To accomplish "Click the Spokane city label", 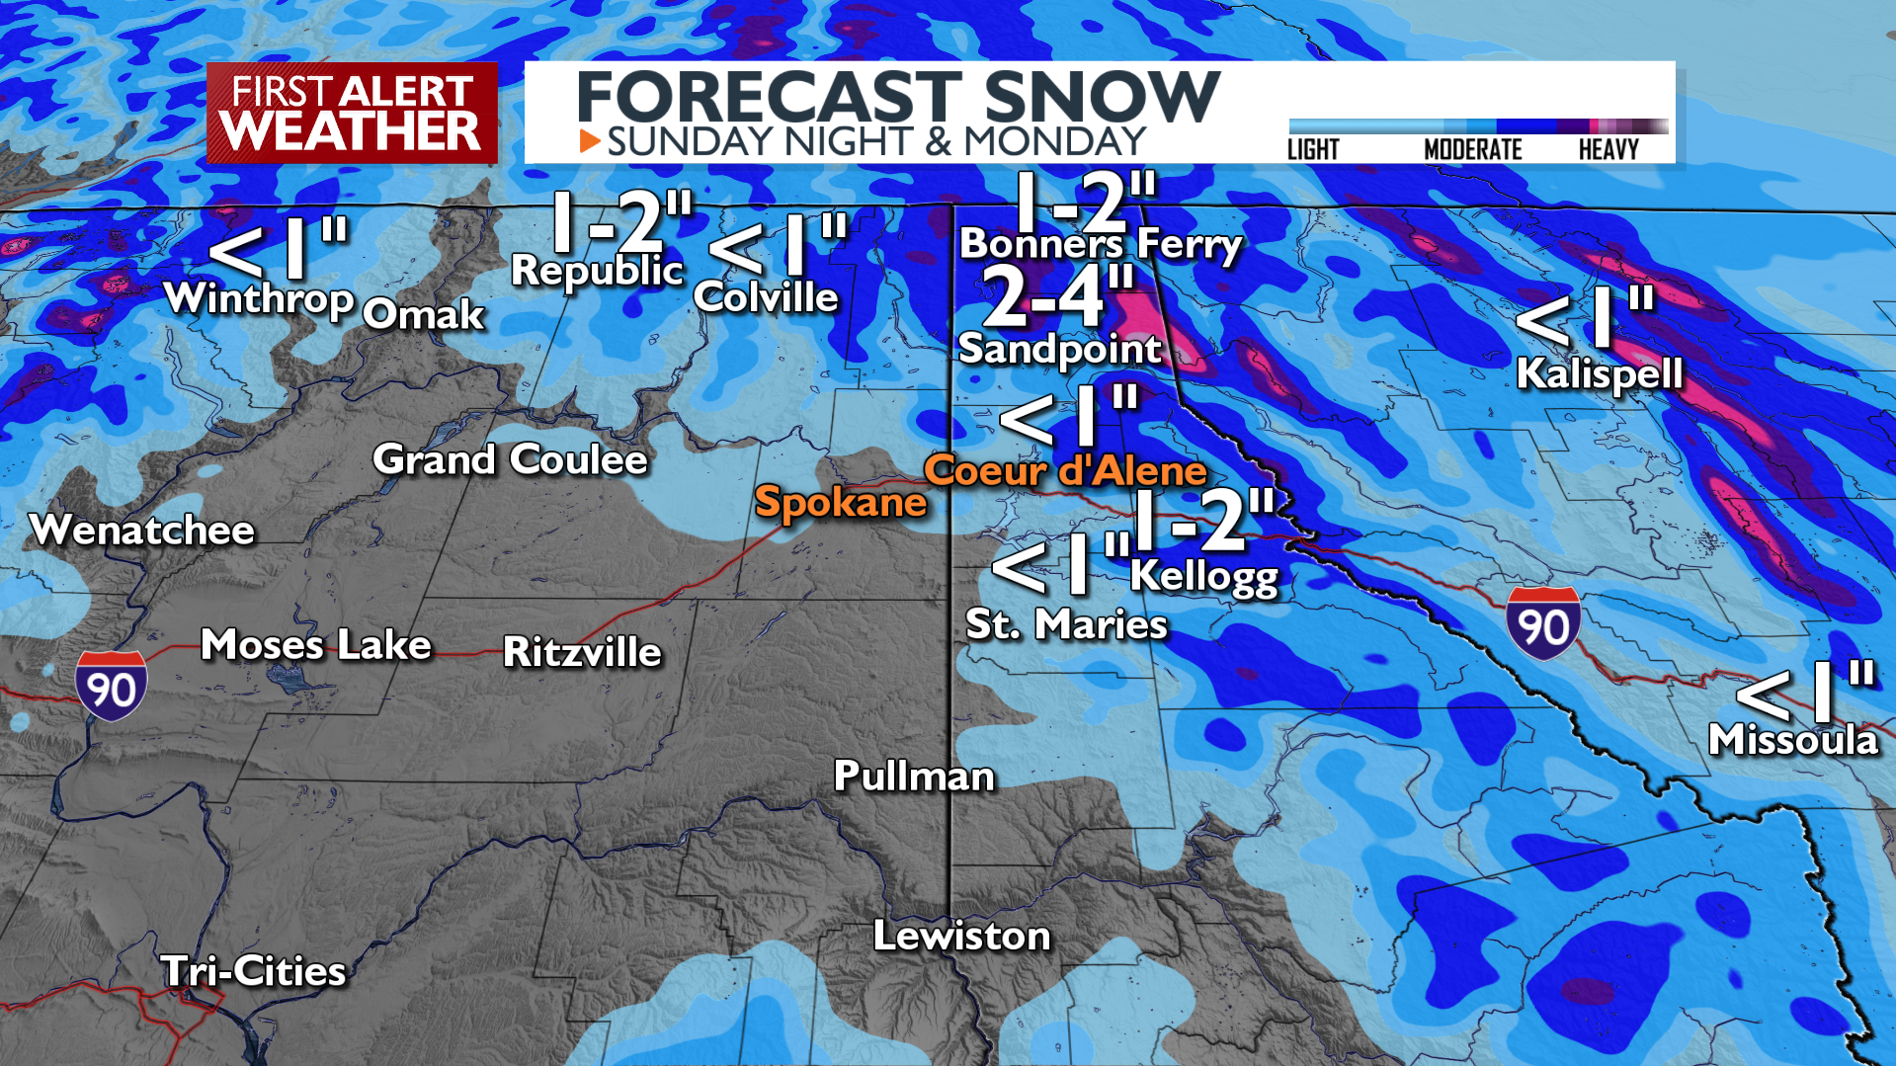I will coord(840,502).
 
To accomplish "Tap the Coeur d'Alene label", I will coord(1065,470).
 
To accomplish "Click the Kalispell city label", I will coord(1599,373).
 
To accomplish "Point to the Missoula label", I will coord(1792,739).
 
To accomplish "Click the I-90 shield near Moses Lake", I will coord(112,686).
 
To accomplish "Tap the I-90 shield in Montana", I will coord(1542,624).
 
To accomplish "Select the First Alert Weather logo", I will coord(352,113).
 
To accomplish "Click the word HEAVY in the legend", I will coord(1607,150).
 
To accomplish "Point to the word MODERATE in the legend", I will coord(1472,150).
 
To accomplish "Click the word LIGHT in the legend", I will coord(1312,150).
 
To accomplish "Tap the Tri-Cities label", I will coord(253,971).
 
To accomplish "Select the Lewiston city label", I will coord(961,936).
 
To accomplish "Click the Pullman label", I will coord(914,777).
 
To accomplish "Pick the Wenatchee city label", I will coord(142,531).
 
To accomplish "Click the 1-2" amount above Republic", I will coord(620,221).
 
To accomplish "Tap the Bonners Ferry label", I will coord(1101,243).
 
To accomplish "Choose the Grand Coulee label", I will coord(510,459).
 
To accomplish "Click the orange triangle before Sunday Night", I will coord(590,141).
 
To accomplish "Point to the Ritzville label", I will coord(582,652).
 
